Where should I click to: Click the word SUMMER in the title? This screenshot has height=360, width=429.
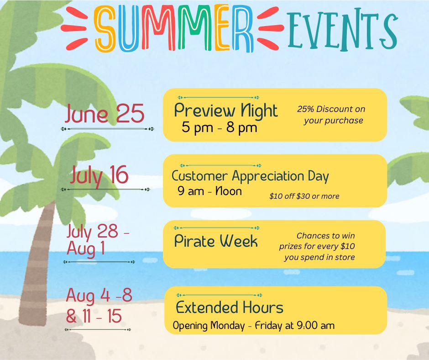click(174, 28)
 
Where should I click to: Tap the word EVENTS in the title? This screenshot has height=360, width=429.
click(342, 30)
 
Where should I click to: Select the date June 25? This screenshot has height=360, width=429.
click(105, 113)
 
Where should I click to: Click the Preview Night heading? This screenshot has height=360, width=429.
click(226, 111)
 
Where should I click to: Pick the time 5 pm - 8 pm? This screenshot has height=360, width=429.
click(220, 127)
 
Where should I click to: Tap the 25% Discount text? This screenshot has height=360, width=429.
click(331, 109)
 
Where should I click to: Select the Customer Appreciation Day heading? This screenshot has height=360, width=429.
click(250, 176)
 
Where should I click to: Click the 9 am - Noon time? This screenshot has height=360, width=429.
click(209, 191)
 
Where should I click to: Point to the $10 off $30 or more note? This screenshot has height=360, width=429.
click(304, 196)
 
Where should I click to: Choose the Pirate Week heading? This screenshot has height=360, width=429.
click(216, 241)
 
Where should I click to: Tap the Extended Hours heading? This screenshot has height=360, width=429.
click(230, 307)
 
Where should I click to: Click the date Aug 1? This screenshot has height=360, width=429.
click(86, 249)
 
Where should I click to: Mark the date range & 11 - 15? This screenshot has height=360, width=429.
click(94, 316)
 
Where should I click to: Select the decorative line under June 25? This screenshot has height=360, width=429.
click(107, 129)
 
